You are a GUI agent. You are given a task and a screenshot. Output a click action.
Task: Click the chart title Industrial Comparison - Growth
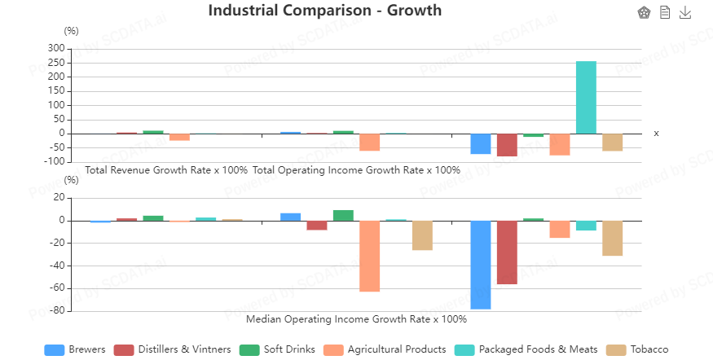point(324,11)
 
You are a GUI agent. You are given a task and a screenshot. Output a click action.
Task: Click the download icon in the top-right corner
point(685,12)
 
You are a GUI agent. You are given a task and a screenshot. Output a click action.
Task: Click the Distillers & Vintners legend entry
point(172,349)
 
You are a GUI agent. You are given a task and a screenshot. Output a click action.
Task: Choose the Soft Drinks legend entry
point(277,349)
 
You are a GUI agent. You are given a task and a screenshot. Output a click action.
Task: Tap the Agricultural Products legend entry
point(385,349)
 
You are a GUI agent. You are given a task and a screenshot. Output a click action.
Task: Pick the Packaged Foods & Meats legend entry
point(526,349)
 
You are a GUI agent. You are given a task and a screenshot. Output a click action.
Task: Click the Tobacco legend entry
point(637,349)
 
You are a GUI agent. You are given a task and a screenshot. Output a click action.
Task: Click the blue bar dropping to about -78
point(481,265)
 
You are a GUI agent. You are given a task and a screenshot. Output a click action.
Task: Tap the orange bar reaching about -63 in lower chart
point(370,256)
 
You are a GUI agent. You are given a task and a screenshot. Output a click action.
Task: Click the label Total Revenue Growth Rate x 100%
point(166,170)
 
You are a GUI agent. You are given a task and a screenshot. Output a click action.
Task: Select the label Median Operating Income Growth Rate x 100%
point(356,318)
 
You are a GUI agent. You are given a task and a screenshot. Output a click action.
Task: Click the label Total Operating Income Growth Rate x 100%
point(356,170)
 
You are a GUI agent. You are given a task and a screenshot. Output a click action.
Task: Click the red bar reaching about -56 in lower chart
point(507,252)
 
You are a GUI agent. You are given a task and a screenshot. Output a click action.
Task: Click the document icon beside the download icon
point(665,12)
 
